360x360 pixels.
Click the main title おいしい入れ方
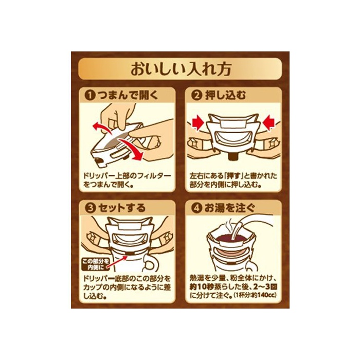pos(181,69)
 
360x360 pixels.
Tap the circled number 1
pos(90,95)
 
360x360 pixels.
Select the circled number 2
pos(196,95)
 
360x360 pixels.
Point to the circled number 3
pos(90,208)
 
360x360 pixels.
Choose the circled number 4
pos(196,208)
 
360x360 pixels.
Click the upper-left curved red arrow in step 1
pos(101,127)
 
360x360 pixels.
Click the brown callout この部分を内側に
pos(96,264)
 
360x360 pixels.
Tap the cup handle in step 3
pos(153,263)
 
